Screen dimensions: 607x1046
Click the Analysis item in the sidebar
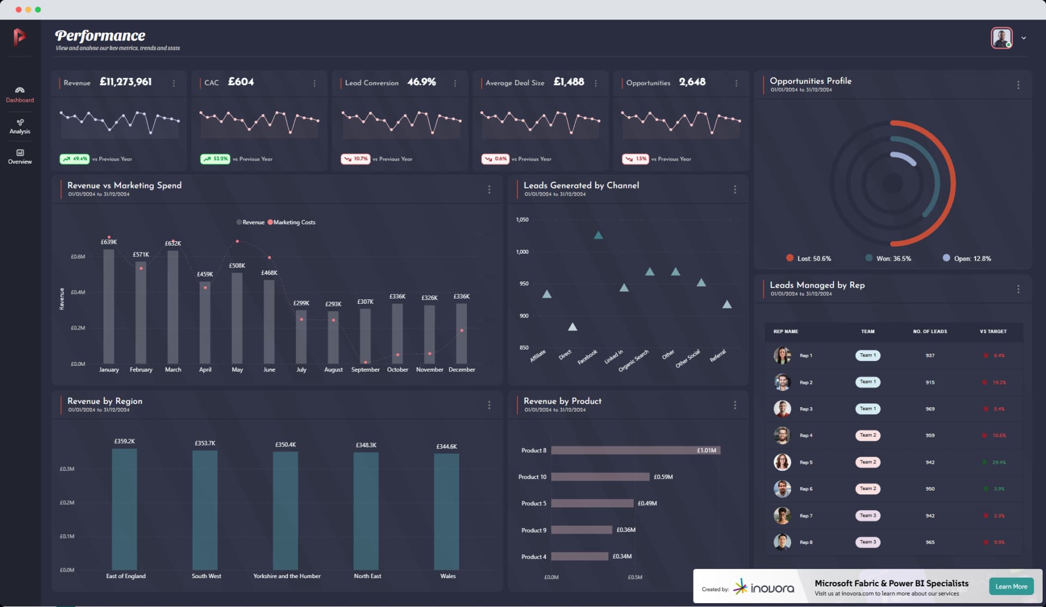click(x=20, y=126)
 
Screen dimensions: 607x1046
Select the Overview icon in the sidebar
click(x=20, y=153)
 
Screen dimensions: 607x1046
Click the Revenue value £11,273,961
click(x=125, y=82)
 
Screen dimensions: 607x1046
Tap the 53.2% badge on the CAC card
click(x=215, y=159)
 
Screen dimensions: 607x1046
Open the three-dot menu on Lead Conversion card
click(x=455, y=83)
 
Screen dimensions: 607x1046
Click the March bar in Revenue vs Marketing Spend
click(x=173, y=307)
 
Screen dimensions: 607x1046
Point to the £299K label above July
click(x=301, y=303)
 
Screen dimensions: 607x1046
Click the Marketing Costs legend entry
click(x=292, y=222)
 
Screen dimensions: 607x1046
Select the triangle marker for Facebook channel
click(x=598, y=235)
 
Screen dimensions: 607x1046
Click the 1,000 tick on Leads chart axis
click(x=522, y=252)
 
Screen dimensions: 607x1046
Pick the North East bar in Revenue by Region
click(x=366, y=510)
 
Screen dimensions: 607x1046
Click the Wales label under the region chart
click(x=448, y=576)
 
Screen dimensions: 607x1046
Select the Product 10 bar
click(x=600, y=477)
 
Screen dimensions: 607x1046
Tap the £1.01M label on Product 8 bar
click(x=706, y=450)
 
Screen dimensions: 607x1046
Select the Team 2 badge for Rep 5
click(x=868, y=462)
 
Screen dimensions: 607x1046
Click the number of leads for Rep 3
click(x=930, y=409)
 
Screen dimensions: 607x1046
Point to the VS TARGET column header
click(x=993, y=332)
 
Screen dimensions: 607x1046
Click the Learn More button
click(x=1011, y=586)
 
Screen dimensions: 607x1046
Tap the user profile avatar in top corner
click(x=1001, y=38)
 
